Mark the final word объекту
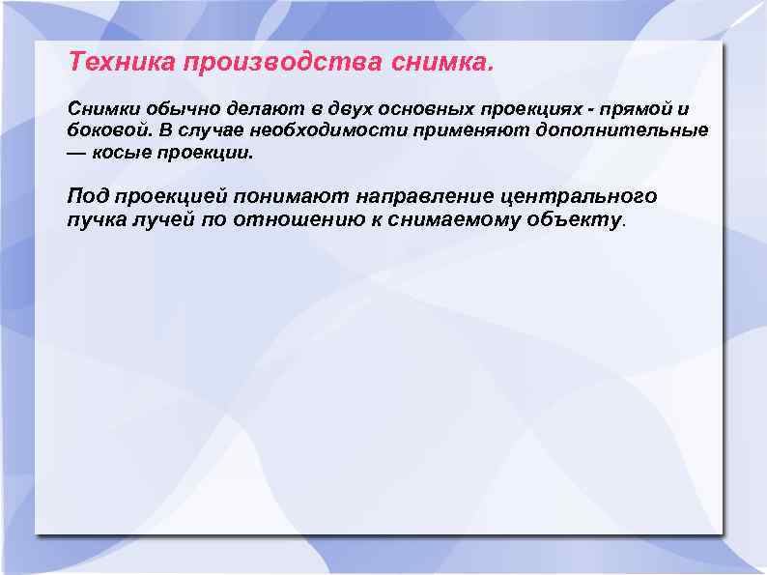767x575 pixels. (x=578, y=219)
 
